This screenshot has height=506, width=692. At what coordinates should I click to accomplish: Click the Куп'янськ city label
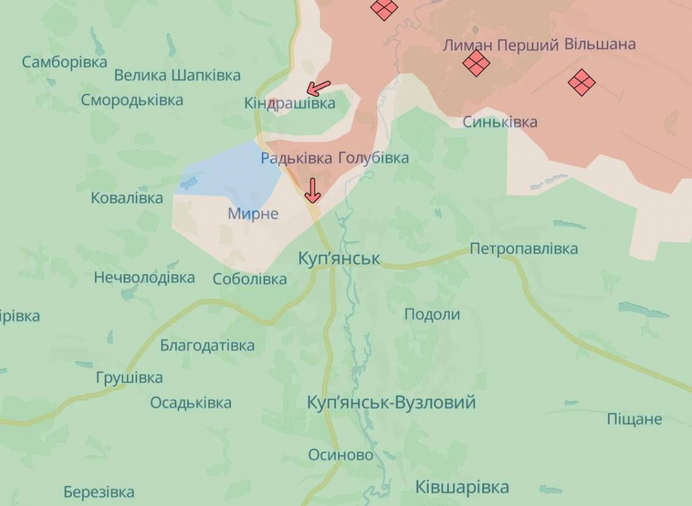click(340, 259)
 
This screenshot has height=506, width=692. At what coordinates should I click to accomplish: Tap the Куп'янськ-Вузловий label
click(391, 403)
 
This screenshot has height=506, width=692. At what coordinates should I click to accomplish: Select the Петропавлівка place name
click(524, 248)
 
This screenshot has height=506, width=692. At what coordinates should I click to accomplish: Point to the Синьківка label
click(500, 122)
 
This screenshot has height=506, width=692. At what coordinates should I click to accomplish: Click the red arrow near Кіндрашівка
click(318, 88)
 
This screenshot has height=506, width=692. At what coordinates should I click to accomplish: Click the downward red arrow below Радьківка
click(313, 191)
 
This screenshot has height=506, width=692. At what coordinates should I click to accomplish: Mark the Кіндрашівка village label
click(289, 103)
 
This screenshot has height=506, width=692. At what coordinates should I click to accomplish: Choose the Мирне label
click(253, 214)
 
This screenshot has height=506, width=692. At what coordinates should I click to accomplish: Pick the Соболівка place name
click(250, 279)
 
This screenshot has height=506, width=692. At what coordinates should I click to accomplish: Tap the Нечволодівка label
click(144, 277)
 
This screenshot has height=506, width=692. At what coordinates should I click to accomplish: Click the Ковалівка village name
click(127, 198)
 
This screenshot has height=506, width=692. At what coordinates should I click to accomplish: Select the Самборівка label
click(64, 62)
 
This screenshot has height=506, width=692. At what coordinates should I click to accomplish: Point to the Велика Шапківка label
click(178, 75)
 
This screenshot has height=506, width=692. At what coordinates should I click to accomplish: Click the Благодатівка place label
click(207, 345)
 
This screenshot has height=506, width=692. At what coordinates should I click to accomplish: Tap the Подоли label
click(432, 314)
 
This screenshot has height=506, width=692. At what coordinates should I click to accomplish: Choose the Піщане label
click(634, 419)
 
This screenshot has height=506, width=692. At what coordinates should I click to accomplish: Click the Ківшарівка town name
click(462, 487)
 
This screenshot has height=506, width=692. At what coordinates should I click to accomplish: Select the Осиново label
click(340, 455)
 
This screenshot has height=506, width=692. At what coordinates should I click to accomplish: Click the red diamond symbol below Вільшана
click(581, 82)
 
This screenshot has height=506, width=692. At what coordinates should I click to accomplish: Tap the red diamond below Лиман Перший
click(476, 63)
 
